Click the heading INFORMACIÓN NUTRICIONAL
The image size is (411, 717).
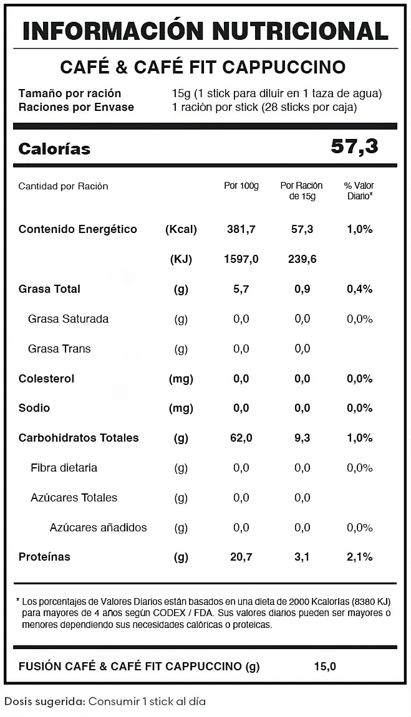coord(205,31)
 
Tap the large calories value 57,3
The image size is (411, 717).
coord(354,146)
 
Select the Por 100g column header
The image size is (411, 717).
coord(241,186)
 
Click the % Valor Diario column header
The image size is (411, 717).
coord(359,191)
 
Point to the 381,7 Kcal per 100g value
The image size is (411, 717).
coord(241,229)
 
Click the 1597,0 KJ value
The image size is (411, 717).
coord(241,259)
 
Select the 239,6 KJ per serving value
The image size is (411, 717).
coord(302,259)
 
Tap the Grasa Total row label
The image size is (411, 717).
coord(49,289)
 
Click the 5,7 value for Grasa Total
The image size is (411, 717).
coord(241,289)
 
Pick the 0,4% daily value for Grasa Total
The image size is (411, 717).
coord(359,289)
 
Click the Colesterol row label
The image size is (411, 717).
coord(46,379)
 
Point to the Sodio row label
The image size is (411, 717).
coord(34,408)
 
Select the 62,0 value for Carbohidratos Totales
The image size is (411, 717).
coord(241,438)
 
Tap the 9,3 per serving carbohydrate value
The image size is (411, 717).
coord(302,438)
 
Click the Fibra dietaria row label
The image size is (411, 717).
coord(64,468)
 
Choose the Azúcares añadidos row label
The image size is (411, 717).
coord(98,528)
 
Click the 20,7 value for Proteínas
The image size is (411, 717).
coord(241,557)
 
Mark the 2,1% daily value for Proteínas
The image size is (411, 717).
coord(359,557)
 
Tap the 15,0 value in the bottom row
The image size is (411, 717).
coord(325,667)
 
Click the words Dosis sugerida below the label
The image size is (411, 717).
coord(44,701)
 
